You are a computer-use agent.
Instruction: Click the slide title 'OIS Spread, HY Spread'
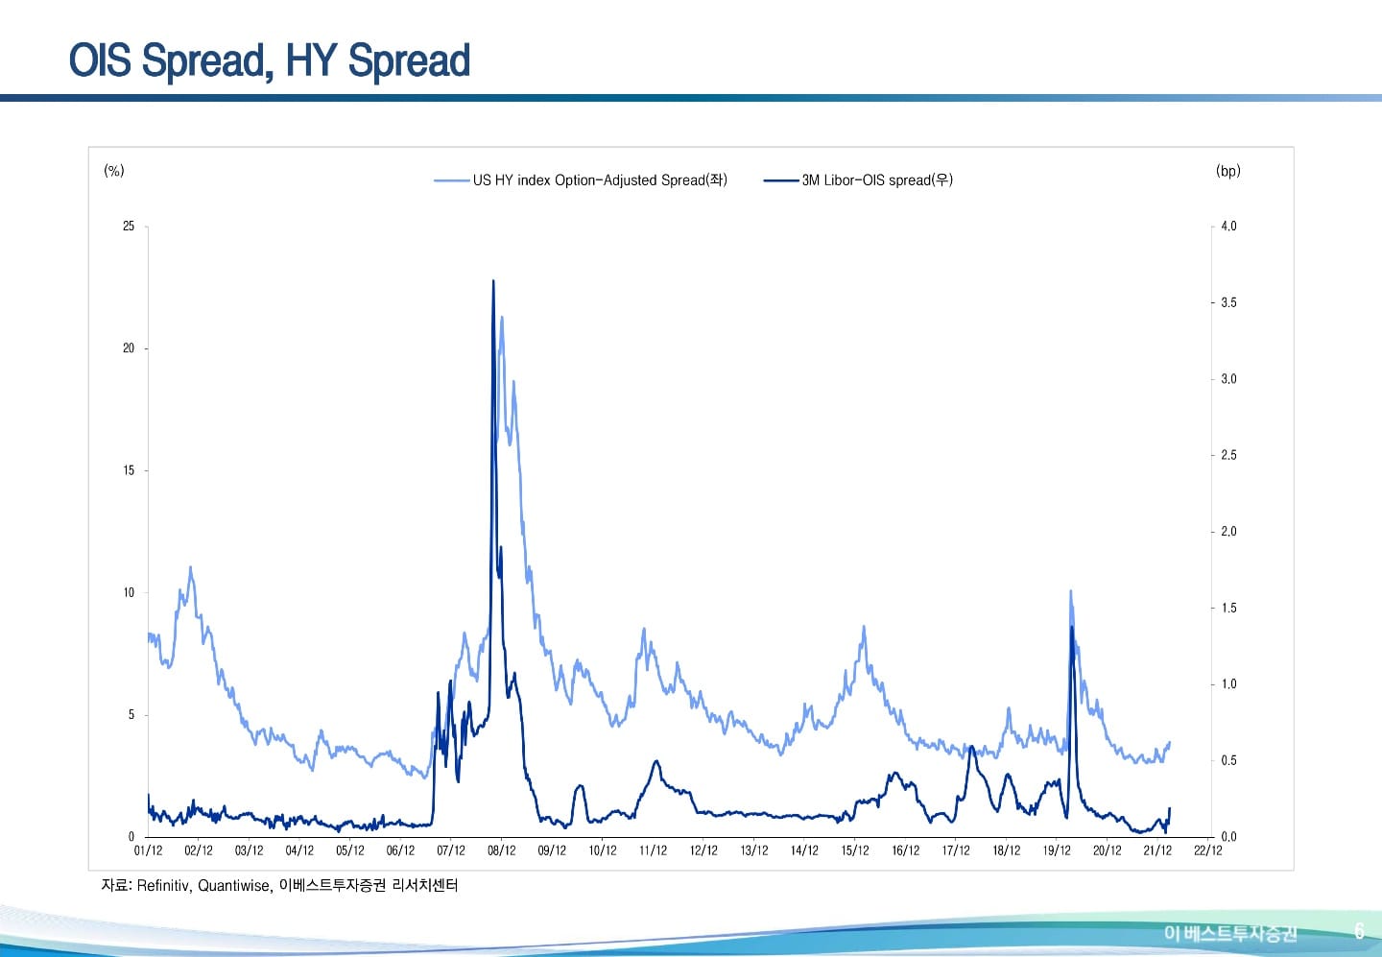coord(270,60)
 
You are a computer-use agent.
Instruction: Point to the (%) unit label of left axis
coord(114,171)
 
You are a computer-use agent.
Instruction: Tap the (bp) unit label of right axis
coord(1227,171)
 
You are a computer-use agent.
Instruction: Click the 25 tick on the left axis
coord(129,227)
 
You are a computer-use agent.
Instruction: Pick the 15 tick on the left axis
coord(129,470)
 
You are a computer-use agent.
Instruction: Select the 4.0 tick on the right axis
coord(1228,227)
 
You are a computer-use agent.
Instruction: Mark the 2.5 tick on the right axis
coord(1228,455)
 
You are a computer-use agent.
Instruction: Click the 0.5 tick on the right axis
coord(1228,760)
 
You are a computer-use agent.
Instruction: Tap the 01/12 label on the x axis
coord(148,850)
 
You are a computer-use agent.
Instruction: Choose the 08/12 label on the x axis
coord(501,850)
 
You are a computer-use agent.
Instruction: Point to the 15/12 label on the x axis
coord(855,850)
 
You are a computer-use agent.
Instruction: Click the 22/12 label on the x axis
coord(1208,850)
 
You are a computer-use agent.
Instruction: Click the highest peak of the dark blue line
coord(493,281)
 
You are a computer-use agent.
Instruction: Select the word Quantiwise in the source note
coord(234,886)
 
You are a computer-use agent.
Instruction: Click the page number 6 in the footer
coord(1359,931)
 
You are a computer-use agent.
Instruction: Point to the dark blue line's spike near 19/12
coord(1071,627)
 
